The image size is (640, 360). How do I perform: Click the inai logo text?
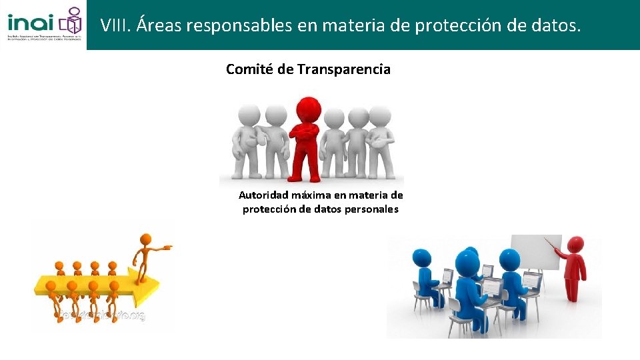click(x=31, y=20)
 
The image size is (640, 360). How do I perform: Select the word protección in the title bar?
click(x=455, y=26)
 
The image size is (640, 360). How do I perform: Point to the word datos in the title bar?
click(x=555, y=26)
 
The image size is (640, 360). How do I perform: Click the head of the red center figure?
click(x=308, y=107)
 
